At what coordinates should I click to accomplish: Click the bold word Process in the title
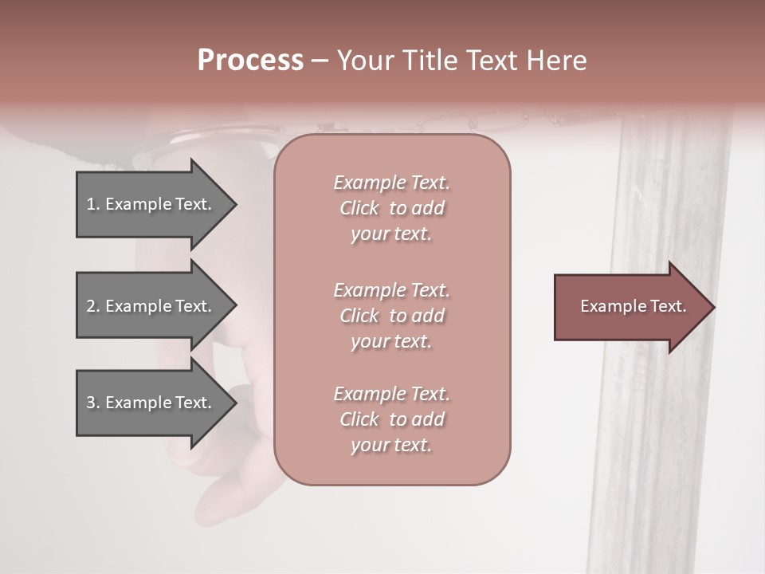250,61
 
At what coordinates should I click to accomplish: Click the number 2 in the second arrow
91,306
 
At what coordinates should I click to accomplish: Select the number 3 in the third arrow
91,403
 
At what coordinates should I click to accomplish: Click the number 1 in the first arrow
91,204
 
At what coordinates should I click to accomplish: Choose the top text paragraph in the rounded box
391,208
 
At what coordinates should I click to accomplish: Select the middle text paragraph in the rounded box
391,316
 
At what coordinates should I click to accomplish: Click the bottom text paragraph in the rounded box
391,419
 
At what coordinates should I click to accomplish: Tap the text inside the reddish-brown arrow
633,306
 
